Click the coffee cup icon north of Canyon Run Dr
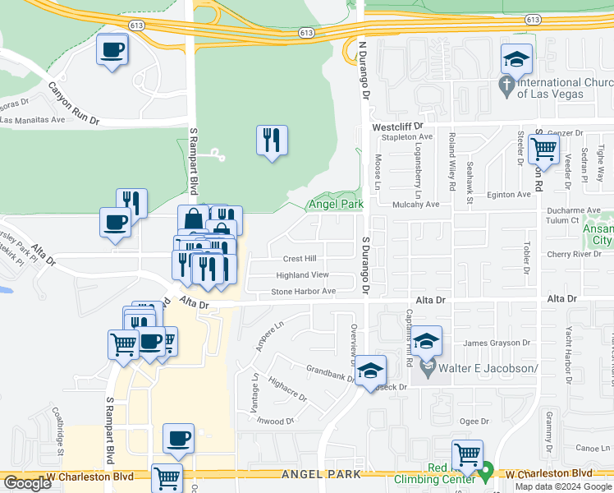click(112, 50)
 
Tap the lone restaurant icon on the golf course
click(271, 141)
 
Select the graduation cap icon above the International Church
click(517, 59)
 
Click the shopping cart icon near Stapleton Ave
click(543, 150)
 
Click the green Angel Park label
click(335, 204)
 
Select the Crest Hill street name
click(300, 258)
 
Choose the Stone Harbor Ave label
click(304, 291)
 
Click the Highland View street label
click(302, 274)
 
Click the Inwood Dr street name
click(275, 421)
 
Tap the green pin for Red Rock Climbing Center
click(486, 472)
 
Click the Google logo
click(27, 483)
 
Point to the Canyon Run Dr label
click(73, 103)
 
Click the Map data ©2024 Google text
click(562, 486)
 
